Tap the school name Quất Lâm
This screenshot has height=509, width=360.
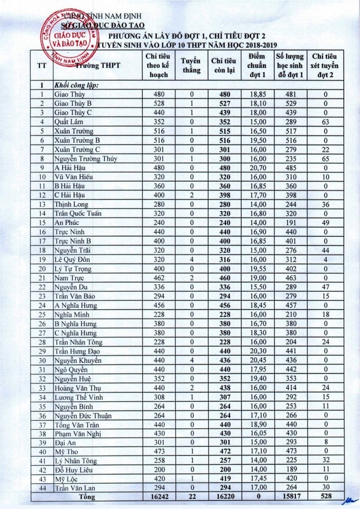point(68,122)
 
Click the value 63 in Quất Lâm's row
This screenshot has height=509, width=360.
point(325,122)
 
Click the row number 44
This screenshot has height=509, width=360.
point(42,488)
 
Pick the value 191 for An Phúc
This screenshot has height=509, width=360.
point(290,222)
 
